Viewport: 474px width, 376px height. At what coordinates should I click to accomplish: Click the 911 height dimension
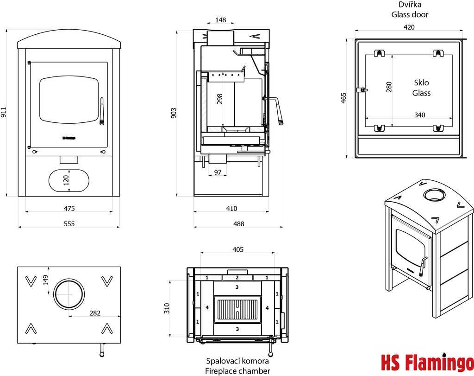point(4,113)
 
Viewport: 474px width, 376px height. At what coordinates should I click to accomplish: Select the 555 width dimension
point(69,223)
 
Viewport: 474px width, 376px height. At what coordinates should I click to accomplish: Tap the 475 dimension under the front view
point(69,208)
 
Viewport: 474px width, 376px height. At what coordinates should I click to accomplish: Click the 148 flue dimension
point(220,20)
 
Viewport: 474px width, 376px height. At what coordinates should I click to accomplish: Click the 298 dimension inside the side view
point(220,99)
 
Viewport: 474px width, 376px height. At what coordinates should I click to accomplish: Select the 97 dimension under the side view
point(218,172)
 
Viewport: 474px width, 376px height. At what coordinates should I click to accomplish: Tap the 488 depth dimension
point(238,223)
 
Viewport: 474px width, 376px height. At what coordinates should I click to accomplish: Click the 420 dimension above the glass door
point(409,27)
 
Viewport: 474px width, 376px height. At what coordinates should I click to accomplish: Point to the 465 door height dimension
point(343,98)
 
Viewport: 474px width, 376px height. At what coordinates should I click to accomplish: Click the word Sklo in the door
point(421,83)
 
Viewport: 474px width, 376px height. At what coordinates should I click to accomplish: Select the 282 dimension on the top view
point(94,313)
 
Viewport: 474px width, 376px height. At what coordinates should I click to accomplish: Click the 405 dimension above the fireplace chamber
point(238,250)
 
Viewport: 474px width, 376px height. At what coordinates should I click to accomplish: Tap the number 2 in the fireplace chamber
point(237,277)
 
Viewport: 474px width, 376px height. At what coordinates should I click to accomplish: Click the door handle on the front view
point(101,111)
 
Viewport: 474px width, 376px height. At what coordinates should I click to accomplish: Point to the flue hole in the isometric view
point(435,194)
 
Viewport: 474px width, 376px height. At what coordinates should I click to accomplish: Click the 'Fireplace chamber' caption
point(237,371)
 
